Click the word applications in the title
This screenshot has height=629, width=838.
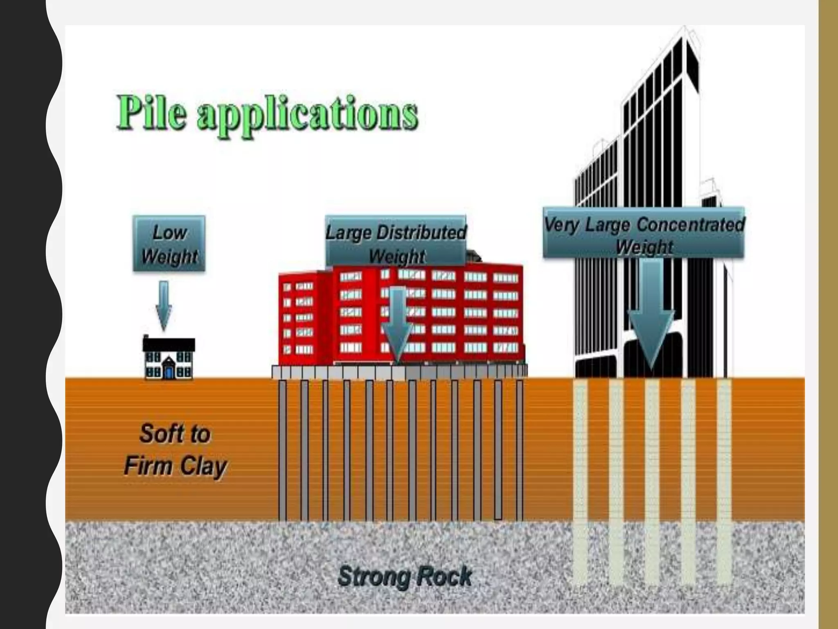pyautogui.click(x=307, y=115)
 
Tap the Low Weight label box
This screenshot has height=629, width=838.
pyautogui.click(x=169, y=244)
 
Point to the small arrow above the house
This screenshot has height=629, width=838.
pyautogui.click(x=164, y=305)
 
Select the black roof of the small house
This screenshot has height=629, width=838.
pyautogui.click(x=169, y=344)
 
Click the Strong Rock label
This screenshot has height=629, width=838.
pyautogui.click(x=405, y=577)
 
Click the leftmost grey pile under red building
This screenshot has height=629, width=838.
pyautogui.click(x=282, y=450)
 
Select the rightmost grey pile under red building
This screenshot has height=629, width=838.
pyautogui.click(x=520, y=450)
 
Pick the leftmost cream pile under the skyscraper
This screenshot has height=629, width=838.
pyautogui.click(x=580, y=471)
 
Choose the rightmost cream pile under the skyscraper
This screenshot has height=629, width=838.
pyautogui.click(x=724, y=471)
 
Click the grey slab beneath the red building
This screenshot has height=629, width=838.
pyautogui.click(x=399, y=372)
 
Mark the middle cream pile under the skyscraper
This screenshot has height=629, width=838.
pyautogui.click(x=652, y=471)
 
